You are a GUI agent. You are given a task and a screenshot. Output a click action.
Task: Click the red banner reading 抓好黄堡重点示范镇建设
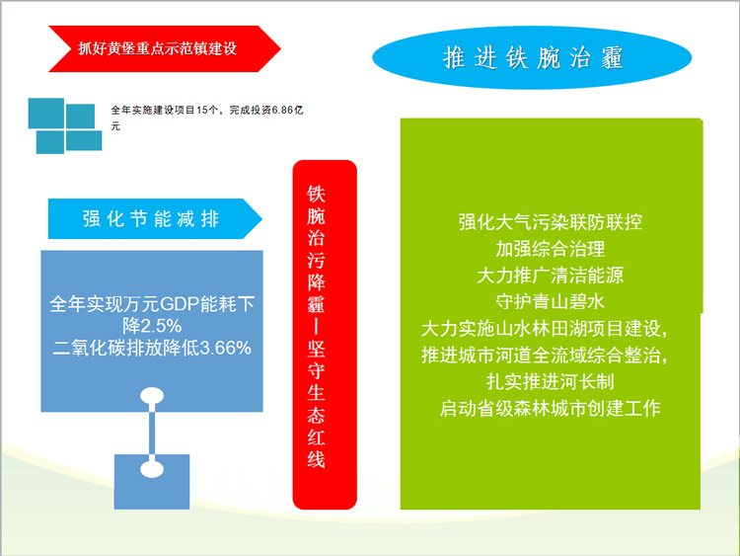164,48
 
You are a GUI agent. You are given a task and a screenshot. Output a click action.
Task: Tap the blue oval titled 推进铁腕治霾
532,57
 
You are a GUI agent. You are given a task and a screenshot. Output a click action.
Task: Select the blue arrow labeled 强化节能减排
155,218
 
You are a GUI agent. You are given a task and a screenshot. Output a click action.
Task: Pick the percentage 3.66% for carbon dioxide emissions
226,349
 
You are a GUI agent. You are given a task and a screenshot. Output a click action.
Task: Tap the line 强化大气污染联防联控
551,222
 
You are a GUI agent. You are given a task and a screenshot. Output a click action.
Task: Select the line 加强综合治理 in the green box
551,249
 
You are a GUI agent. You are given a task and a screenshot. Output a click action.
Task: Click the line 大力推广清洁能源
551,275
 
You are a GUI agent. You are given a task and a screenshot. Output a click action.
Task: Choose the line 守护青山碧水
551,301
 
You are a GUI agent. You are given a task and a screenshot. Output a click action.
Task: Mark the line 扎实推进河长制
551,381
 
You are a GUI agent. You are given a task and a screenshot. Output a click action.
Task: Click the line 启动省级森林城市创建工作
551,408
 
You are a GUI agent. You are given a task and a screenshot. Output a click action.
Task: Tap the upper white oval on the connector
152,396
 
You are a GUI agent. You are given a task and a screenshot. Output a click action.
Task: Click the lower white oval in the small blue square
152,469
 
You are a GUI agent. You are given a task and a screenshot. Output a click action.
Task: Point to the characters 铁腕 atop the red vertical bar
316,205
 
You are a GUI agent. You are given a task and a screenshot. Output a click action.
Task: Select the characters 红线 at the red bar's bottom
316,448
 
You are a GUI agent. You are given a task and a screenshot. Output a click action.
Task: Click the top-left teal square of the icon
46,114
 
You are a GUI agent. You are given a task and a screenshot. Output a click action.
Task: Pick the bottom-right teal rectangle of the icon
84,141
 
